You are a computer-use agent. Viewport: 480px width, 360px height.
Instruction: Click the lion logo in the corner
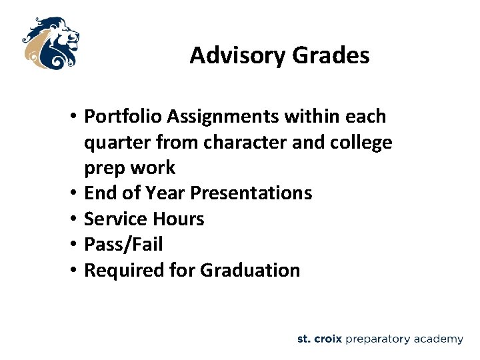[50, 43]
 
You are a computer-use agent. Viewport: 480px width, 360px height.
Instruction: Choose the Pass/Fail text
[123, 245]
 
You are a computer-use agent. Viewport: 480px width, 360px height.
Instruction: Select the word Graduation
[250, 270]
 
